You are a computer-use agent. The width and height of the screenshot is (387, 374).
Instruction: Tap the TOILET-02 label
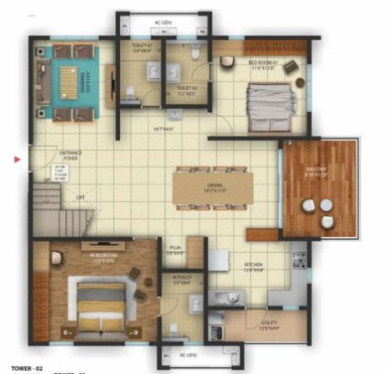pyautogui.click(x=186, y=88)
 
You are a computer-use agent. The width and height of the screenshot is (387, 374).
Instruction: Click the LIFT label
pyautogui.click(x=80, y=197)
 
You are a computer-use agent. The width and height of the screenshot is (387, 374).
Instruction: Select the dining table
pyautogui.click(x=215, y=188)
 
